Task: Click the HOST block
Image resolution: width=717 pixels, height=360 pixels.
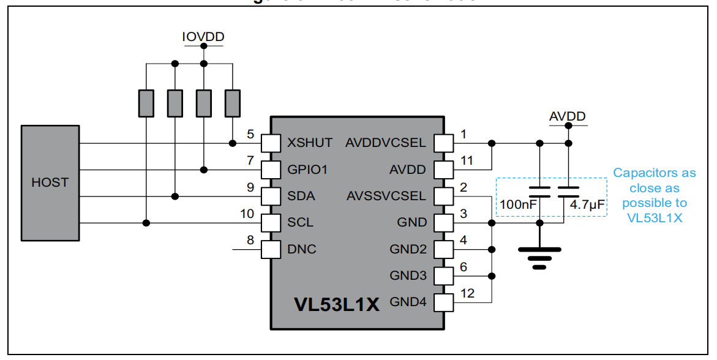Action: click(50, 182)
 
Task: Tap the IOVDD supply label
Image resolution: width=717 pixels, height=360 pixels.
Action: click(203, 37)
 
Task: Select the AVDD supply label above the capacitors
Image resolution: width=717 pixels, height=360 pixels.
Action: click(567, 116)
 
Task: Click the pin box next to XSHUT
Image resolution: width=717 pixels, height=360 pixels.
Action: click(270, 143)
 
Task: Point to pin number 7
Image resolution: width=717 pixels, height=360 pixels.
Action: click(250, 160)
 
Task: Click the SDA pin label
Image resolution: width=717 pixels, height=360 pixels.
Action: click(301, 196)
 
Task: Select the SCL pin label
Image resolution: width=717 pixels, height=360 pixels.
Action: click(300, 222)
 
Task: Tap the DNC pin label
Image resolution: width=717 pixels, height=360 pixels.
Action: click(301, 249)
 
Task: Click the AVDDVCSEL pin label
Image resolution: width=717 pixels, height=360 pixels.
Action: click(385, 143)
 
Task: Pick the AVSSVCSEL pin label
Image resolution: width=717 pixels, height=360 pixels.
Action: click(385, 196)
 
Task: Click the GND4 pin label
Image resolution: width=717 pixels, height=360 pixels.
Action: click(408, 301)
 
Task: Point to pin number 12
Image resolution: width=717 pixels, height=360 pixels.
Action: click(467, 293)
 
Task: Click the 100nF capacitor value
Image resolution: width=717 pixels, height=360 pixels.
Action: click(519, 205)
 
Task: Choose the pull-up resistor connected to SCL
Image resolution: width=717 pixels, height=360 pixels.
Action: click(146, 103)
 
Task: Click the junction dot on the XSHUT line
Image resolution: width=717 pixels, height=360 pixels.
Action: click(232, 143)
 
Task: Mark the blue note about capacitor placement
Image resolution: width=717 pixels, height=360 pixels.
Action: click(654, 195)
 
